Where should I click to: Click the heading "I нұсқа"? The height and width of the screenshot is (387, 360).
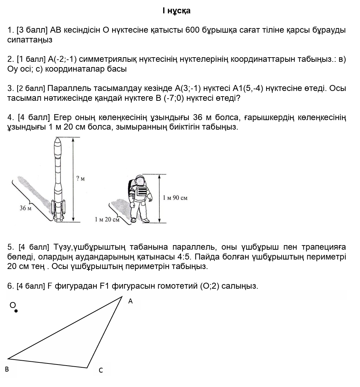(176, 11)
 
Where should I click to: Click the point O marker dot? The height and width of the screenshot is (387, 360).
(16, 311)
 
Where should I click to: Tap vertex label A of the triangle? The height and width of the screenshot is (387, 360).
(130, 301)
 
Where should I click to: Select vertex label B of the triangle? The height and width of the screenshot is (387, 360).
(7, 369)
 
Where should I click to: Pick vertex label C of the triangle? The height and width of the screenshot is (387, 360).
(101, 370)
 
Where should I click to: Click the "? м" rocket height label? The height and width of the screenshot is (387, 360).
(81, 179)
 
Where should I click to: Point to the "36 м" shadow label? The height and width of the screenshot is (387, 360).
(25, 208)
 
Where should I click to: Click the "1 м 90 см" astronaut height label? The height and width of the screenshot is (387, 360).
(175, 198)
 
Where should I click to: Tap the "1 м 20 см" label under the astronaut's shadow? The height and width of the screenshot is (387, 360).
(107, 219)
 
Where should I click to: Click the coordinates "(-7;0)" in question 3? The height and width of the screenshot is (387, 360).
(174, 98)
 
